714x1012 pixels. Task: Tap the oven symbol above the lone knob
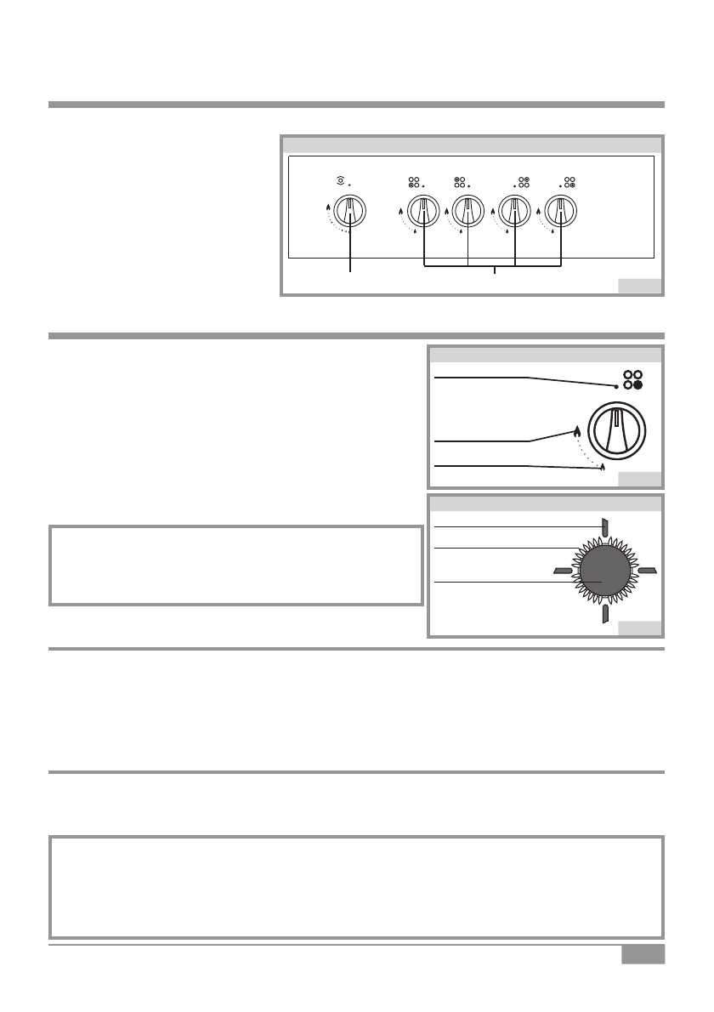coord(343,181)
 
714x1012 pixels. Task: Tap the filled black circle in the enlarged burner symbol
coord(638,384)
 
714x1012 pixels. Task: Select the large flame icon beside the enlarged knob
coord(577,431)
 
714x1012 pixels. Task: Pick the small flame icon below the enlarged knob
coord(602,467)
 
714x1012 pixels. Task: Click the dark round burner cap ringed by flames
coord(605,571)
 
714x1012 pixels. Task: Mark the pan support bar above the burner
coord(604,528)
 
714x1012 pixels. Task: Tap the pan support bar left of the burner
coord(562,570)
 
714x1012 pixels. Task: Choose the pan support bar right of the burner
coord(648,570)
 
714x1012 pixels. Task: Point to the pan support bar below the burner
coord(604,615)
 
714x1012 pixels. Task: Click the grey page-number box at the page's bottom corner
coord(642,955)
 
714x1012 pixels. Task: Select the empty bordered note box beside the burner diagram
coord(236,566)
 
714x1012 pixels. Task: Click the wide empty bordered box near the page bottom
coord(356,887)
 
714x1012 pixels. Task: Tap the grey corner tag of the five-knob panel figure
coord(639,285)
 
